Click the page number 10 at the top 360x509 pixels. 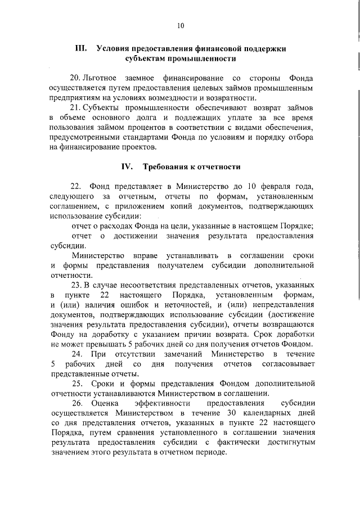point(180,25)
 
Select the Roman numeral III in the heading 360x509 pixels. point(80,48)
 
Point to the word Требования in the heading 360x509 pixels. point(166,166)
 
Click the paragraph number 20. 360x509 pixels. point(75,78)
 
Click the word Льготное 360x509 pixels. point(101,78)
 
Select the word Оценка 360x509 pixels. point(105,404)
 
